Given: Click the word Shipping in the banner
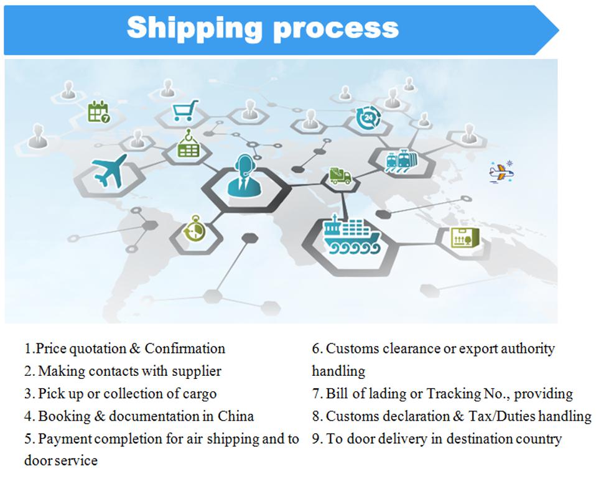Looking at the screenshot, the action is pos(194,28).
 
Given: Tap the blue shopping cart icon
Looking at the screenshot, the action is pos(185,110).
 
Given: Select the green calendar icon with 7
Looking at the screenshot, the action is pos(99,112).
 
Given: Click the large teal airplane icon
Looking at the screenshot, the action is pos(109,170).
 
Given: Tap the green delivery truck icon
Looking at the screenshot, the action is pos(340,175).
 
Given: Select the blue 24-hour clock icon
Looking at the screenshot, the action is pos(368,118).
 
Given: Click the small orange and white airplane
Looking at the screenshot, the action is pos(501,172).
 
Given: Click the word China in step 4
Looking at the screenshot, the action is pos(236,416).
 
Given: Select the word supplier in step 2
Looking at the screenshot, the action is pos(197,371).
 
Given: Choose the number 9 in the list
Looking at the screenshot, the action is pos(316,439).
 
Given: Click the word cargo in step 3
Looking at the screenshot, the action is pos(200,395).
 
